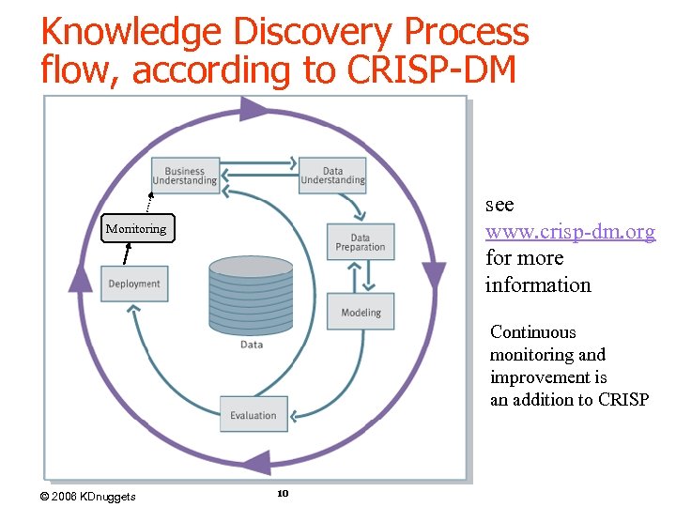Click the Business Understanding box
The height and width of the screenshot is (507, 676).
click(185, 176)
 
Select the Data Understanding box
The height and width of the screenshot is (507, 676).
click(332, 176)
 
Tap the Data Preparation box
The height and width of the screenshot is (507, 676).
click(361, 242)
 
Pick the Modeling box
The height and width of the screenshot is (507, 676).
click(361, 312)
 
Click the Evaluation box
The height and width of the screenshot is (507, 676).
click(253, 415)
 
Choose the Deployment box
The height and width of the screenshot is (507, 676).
click(134, 284)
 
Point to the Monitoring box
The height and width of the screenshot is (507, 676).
click(136, 229)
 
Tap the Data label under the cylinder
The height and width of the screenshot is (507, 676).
click(252, 345)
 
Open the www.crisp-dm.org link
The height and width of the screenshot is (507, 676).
click(570, 231)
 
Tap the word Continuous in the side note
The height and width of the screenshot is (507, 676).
click(533, 332)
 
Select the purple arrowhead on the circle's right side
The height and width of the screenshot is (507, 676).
click(434, 275)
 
